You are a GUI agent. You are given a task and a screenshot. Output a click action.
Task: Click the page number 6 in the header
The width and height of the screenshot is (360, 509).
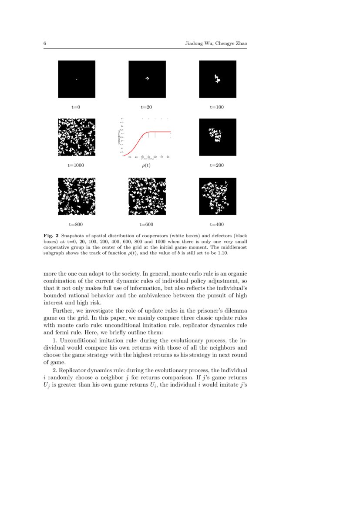45,44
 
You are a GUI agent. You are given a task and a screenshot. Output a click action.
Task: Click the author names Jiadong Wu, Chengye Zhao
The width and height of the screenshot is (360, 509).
216,44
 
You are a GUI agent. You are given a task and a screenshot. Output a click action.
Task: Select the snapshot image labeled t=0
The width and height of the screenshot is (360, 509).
77,79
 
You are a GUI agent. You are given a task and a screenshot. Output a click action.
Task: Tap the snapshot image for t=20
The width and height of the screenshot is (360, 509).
147,79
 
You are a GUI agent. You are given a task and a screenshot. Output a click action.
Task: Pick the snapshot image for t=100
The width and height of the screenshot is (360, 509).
218,79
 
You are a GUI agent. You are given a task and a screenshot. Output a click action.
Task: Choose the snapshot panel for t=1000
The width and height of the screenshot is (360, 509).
77,137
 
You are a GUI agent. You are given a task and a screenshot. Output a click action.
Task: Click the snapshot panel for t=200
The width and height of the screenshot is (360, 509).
218,137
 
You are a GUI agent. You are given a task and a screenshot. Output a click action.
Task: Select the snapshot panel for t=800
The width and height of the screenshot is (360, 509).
77,196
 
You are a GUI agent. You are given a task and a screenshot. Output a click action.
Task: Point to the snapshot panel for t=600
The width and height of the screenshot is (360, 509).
147,196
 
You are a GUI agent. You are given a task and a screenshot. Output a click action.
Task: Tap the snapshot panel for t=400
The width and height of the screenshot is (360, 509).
218,196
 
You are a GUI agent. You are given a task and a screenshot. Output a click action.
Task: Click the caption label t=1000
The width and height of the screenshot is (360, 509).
76,165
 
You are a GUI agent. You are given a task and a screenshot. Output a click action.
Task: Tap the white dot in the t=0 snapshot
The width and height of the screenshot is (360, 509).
77,79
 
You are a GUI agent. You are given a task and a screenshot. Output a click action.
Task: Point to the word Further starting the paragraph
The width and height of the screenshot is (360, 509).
62,310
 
